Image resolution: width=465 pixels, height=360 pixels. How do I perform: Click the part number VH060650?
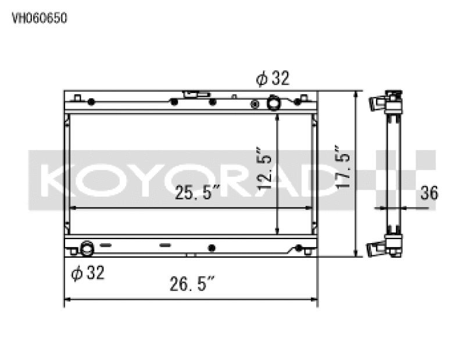click(40, 18)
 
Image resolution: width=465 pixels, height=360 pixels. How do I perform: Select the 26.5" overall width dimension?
click(192, 286)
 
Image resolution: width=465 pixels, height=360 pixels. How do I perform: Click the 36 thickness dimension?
click(430, 193)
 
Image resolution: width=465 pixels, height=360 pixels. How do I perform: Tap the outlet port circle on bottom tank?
click(87, 248)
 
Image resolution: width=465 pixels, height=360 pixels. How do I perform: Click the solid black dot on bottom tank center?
click(212, 248)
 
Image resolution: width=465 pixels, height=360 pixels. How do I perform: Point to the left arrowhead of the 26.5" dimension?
click(66, 300)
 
